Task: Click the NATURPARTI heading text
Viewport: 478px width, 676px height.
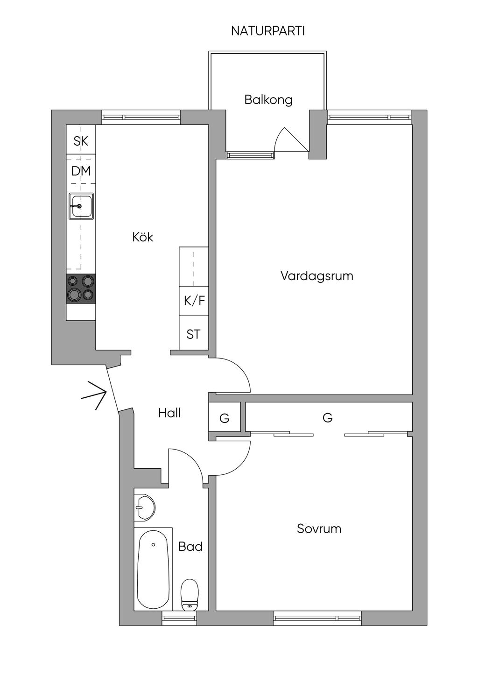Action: coord(268,31)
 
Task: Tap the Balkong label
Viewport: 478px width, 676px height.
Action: coord(268,100)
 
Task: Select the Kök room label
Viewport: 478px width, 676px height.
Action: coord(143,237)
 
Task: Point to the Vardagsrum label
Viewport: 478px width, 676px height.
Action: coord(316,275)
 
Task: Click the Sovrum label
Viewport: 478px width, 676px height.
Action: coord(319,528)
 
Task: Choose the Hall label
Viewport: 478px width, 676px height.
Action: coord(169,413)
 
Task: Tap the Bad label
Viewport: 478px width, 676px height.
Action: coord(190,546)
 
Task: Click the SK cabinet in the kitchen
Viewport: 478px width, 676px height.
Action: coord(81,141)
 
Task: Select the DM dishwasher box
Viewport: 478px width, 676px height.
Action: coord(81,171)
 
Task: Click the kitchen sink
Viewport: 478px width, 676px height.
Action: coord(81,206)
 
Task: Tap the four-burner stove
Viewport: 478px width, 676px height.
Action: coord(81,288)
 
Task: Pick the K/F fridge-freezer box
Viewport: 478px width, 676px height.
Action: coord(194,301)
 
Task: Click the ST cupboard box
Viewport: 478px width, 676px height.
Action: coord(194,334)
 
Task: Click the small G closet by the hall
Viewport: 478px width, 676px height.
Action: coord(225,418)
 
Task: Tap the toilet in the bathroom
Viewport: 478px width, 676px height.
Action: coord(190,594)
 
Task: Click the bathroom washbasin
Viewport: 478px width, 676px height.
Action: coord(145,507)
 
